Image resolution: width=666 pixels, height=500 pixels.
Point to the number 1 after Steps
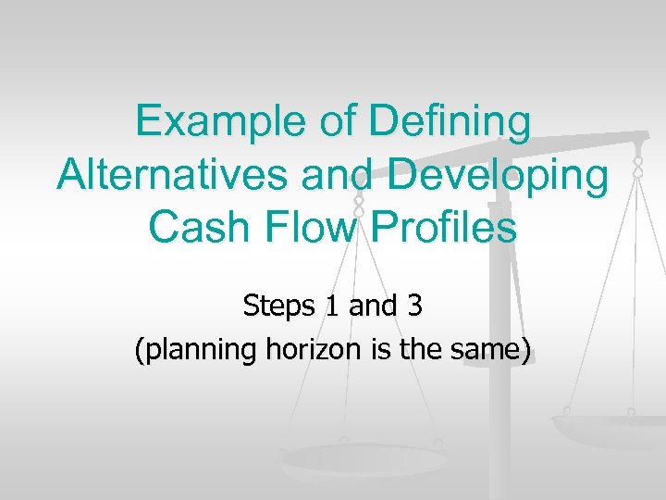[x=331, y=306]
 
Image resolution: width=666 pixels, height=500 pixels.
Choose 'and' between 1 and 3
[x=370, y=306]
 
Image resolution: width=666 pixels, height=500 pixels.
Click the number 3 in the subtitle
[x=413, y=306]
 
